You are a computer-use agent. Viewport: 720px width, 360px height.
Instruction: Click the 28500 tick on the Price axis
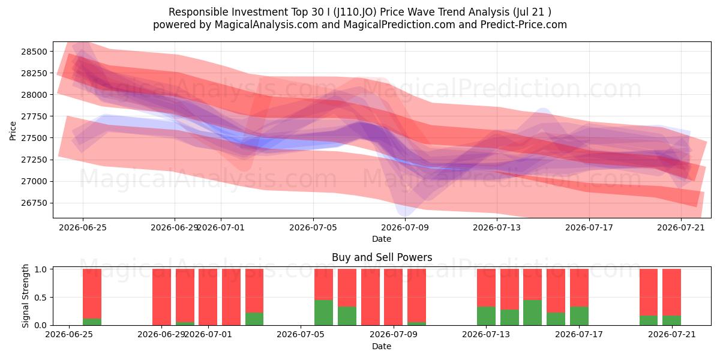(x=34, y=52)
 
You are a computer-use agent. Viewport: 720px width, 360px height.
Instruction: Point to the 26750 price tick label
(x=34, y=203)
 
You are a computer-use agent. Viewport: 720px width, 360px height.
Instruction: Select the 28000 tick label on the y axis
(x=34, y=95)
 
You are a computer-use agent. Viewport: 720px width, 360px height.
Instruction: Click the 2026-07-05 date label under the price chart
(x=313, y=227)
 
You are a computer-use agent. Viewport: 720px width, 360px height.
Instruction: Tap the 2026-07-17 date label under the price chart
(x=589, y=227)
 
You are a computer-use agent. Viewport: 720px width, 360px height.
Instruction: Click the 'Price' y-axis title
(x=13, y=131)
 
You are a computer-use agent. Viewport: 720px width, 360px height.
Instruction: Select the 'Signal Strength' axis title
(x=25, y=296)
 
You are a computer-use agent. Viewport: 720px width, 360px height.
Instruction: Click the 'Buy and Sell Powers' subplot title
(x=382, y=257)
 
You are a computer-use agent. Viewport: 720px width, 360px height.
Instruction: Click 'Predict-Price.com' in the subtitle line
(x=524, y=25)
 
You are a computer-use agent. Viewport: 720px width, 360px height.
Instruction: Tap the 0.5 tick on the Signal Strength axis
(x=40, y=298)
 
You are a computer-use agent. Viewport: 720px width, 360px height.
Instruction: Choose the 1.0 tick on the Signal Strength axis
(x=40, y=269)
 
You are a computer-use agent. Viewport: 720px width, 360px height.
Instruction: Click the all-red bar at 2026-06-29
(x=161, y=297)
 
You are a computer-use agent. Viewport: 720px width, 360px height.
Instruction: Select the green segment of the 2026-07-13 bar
(x=486, y=316)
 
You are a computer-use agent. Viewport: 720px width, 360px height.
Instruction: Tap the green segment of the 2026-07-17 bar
(x=579, y=316)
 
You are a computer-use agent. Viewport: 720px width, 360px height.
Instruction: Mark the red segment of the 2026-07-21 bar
(x=672, y=292)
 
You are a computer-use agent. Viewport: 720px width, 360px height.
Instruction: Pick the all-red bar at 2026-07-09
(x=393, y=297)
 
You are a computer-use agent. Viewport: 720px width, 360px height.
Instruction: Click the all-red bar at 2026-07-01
(x=208, y=297)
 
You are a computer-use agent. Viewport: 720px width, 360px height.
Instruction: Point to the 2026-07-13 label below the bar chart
(x=486, y=335)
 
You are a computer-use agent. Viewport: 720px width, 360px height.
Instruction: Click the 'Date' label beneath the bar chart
(x=382, y=346)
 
